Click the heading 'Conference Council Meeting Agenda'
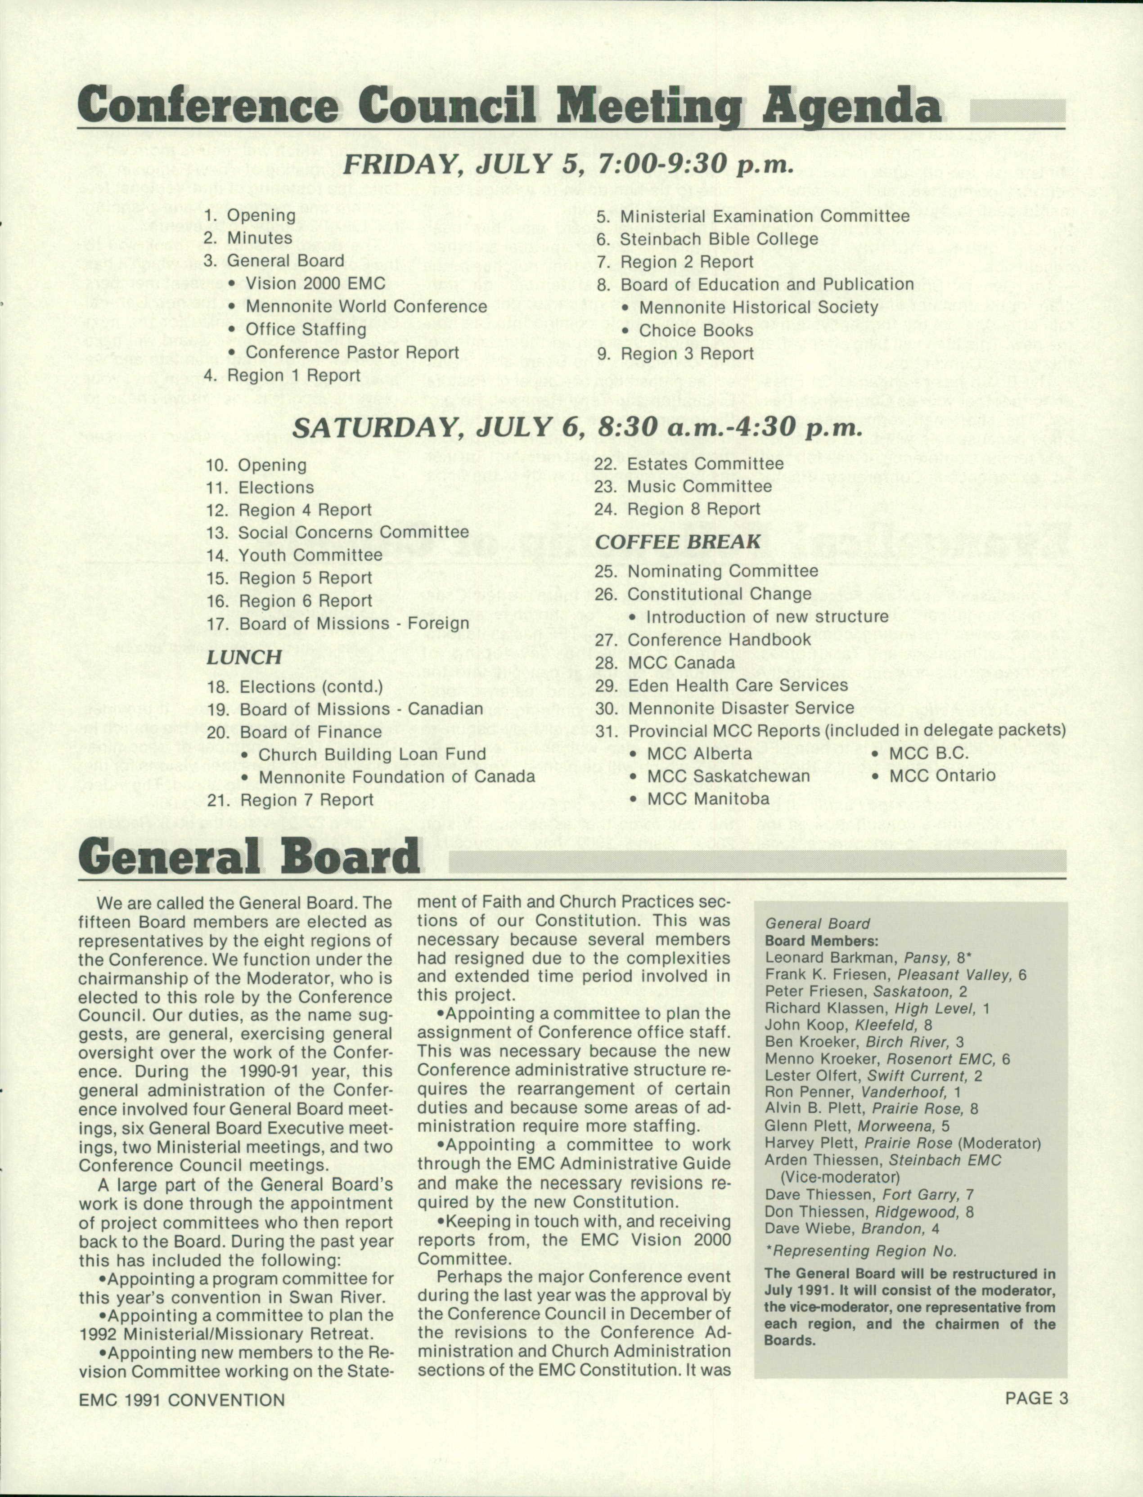[x=509, y=108]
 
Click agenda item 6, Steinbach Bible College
[x=717, y=239]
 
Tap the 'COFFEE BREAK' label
[x=678, y=542]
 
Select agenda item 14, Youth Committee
[x=310, y=556]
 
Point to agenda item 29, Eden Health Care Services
[x=738, y=685]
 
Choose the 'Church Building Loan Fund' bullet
[x=372, y=754]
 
